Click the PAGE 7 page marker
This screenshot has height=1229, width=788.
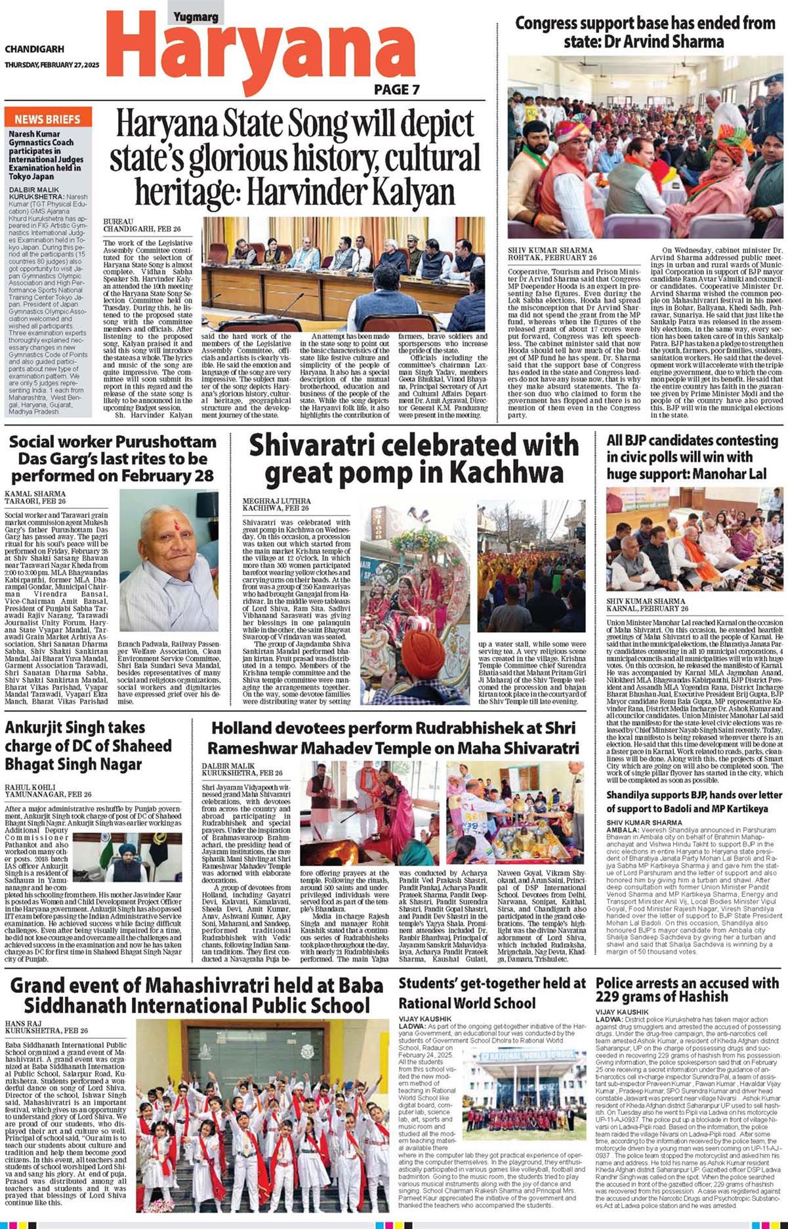396,90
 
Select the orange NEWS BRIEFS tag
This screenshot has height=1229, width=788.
47,119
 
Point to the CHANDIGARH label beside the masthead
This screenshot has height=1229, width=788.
34,49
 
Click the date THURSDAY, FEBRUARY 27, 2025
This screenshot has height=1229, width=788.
52,65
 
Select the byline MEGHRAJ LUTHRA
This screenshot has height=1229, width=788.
268,501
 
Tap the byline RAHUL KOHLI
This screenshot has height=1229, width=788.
30,787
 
